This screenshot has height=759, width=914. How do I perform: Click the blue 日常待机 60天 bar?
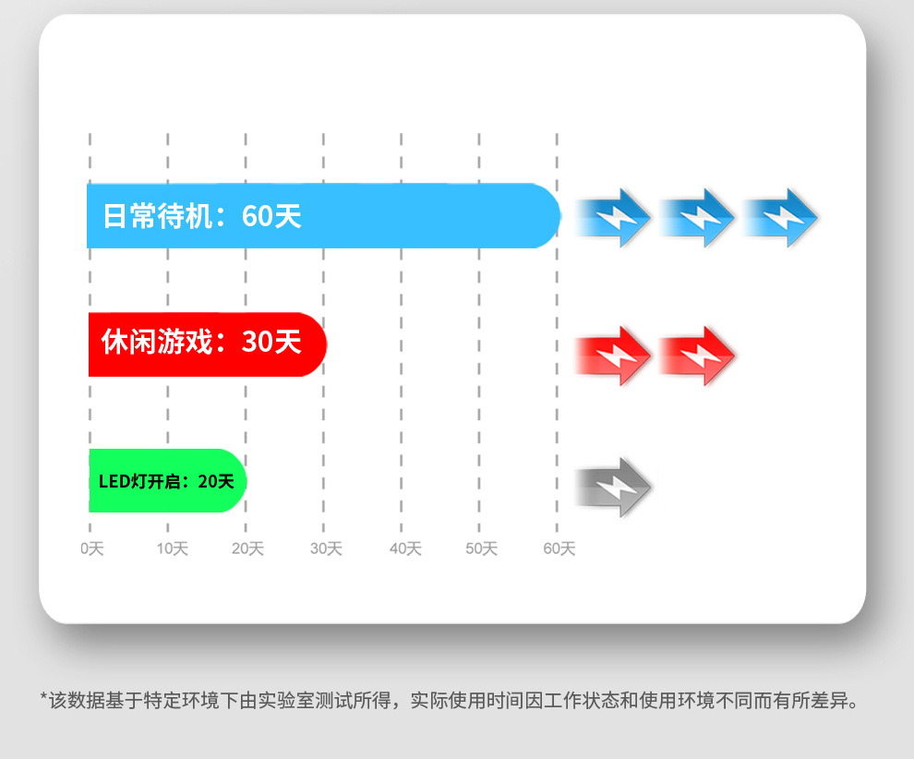(323, 216)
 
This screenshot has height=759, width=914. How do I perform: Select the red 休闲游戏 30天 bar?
(208, 343)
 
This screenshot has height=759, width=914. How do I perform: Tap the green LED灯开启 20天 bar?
(167, 480)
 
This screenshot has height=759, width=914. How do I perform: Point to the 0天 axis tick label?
(92, 548)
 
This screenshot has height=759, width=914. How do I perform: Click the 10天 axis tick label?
(172, 548)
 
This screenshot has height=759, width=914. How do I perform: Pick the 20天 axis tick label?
(247, 548)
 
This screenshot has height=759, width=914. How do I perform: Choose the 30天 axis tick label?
(326, 548)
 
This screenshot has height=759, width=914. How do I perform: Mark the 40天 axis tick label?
(405, 548)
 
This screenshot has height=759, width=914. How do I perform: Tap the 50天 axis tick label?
(481, 548)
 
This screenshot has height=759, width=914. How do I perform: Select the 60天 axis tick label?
(559, 548)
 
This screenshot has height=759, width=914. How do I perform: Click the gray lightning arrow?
(615, 487)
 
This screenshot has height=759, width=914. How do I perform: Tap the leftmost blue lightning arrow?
(615, 218)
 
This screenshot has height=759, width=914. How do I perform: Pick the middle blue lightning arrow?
(698, 218)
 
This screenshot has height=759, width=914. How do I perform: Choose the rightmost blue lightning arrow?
(781, 218)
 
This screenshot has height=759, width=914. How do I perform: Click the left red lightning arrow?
(615, 355)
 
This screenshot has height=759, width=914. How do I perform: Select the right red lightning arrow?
(698, 355)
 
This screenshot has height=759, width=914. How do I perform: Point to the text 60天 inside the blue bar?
(271, 216)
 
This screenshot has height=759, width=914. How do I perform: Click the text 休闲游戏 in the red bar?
(157, 343)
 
